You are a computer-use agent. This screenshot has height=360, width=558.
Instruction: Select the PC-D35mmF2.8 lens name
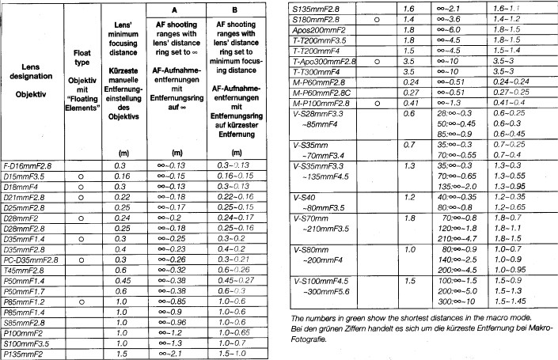point(31,259)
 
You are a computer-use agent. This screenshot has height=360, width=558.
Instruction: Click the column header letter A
point(177,10)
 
